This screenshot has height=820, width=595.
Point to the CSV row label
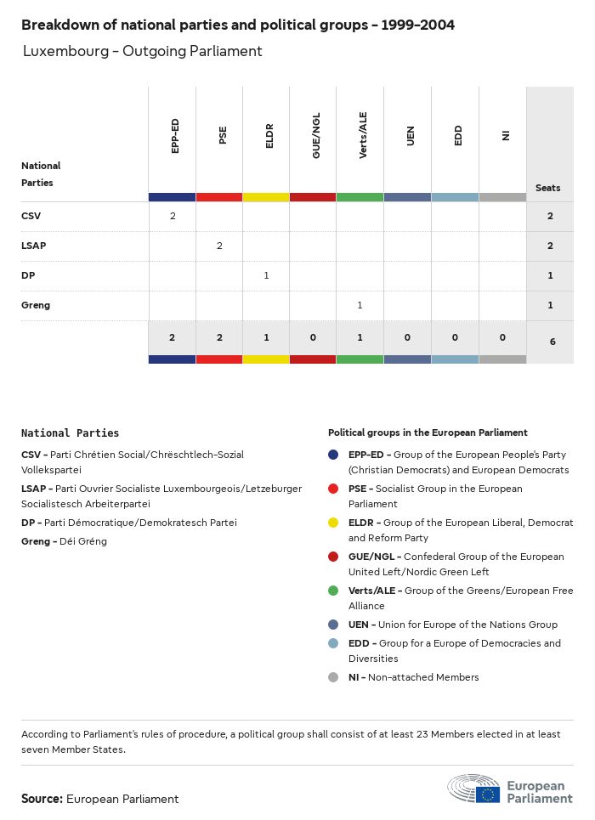click(x=31, y=216)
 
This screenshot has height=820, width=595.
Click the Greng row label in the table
click(x=36, y=305)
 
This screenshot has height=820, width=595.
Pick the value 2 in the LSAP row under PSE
click(x=219, y=246)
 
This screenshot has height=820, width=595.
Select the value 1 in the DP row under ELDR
click(x=266, y=275)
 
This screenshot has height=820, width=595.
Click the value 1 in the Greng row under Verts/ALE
click(x=360, y=305)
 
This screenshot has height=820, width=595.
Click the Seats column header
click(x=548, y=188)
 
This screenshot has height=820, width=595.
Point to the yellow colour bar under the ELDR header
click(x=266, y=197)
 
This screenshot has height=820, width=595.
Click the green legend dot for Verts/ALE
click(x=334, y=591)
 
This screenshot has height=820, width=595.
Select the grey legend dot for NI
click(x=334, y=677)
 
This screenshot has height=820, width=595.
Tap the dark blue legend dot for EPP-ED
click(x=334, y=455)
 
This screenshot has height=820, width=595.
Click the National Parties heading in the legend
click(x=70, y=433)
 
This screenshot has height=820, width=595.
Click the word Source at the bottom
click(x=42, y=799)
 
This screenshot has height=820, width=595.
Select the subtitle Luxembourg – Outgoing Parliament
click(x=142, y=51)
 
